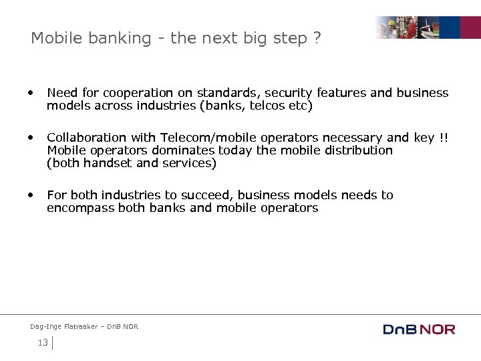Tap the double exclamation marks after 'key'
[x=443, y=138]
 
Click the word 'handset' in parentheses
[x=105, y=163]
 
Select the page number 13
[x=43, y=343]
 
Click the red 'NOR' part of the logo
[x=438, y=329]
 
